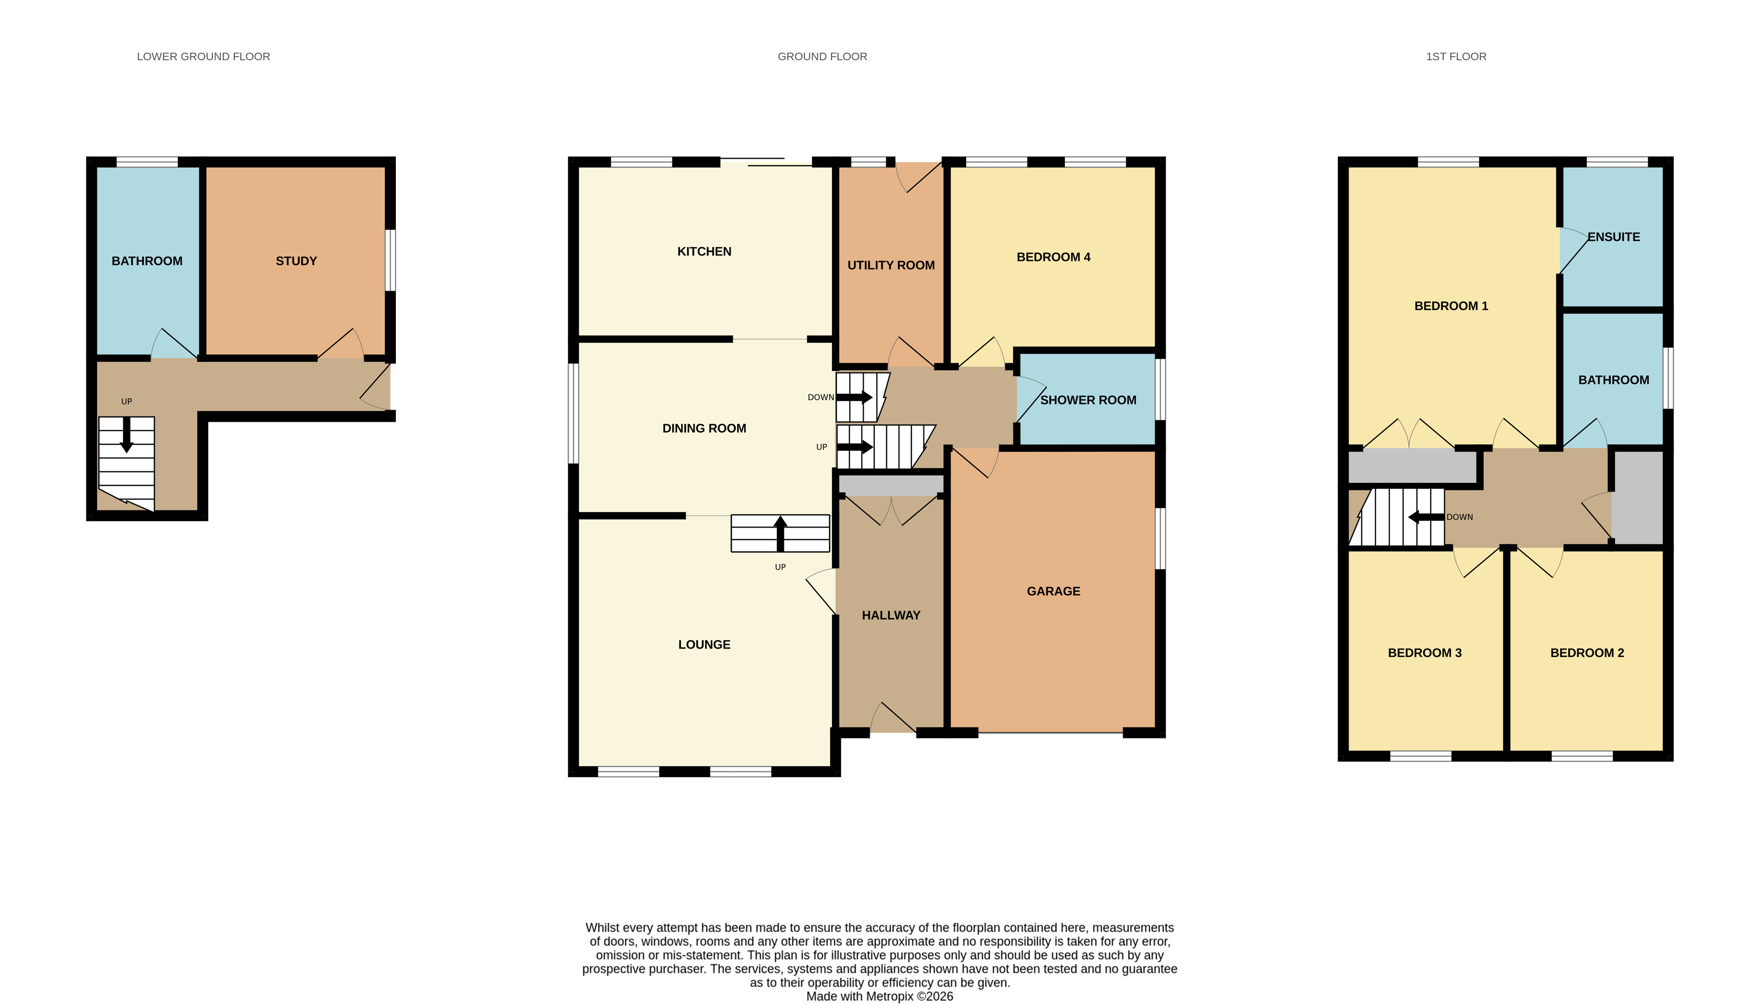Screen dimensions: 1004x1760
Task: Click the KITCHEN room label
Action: [x=704, y=252]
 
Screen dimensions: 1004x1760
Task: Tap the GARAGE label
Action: [x=1053, y=591]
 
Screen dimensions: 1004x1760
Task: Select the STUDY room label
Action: [x=296, y=261]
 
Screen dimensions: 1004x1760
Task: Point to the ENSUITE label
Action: [x=1613, y=236]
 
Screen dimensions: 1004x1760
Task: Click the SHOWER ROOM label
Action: [x=1088, y=400]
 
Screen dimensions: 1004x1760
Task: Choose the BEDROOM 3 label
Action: [x=1424, y=652]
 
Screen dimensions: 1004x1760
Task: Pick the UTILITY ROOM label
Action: [x=891, y=265]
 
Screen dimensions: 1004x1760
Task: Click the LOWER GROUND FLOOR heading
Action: [x=203, y=57]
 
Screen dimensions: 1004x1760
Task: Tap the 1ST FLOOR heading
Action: [x=1455, y=57]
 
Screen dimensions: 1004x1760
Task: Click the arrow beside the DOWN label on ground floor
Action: [x=854, y=397]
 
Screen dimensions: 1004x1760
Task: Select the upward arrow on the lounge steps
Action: [x=780, y=533]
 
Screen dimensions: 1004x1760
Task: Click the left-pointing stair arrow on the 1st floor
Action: [x=1425, y=517]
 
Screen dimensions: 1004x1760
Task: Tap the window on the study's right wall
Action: [x=390, y=260]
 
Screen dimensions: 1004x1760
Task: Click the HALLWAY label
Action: [x=891, y=615]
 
